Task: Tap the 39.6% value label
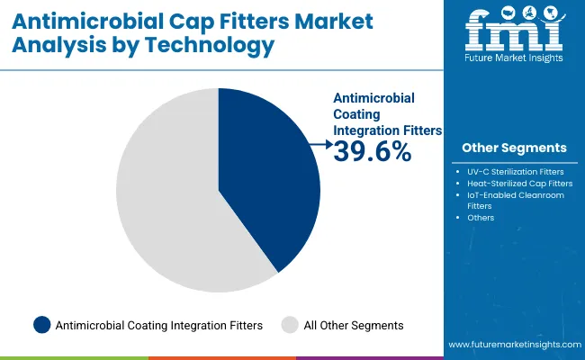(x=372, y=152)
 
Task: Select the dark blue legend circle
(x=40, y=325)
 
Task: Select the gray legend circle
(x=289, y=325)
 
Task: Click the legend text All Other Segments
(x=352, y=325)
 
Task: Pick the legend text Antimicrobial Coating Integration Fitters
(x=158, y=325)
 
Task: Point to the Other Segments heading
(x=514, y=148)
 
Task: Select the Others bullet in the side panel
(x=481, y=217)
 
